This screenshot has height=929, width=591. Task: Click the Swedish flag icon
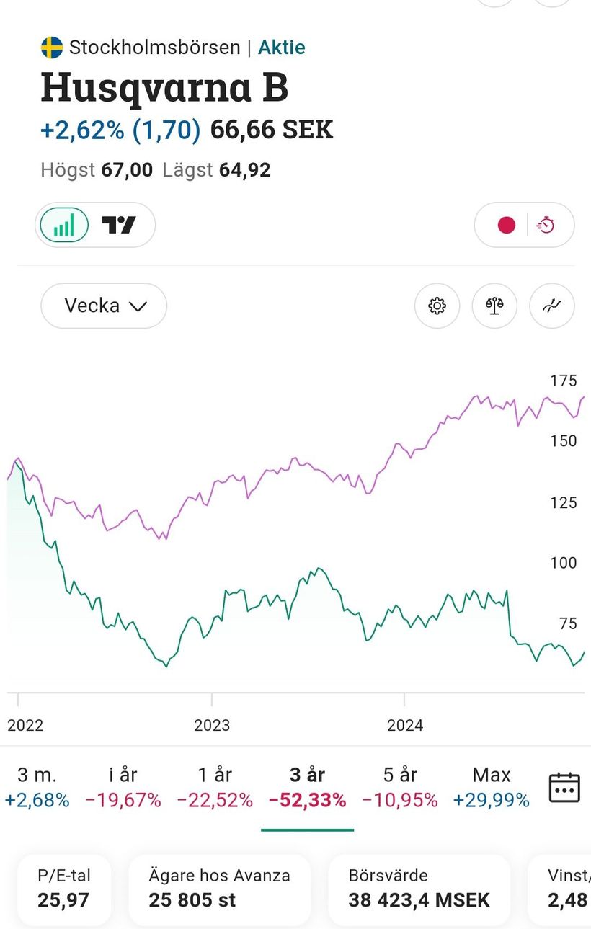(x=52, y=48)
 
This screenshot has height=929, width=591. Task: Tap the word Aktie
(x=282, y=48)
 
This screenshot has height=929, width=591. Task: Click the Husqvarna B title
(x=164, y=87)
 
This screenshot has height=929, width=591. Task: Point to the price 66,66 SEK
(x=272, y=130)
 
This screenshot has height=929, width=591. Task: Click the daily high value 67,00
(x=127, y=170)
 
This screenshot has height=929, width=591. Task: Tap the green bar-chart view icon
(x=63, y=226)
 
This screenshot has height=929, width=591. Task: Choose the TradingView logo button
(x=119, y=226)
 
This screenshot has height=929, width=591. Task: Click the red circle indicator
(x=507, y=226)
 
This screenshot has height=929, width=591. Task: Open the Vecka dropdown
(x=104, y=306)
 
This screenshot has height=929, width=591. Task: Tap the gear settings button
(x=437, y=306)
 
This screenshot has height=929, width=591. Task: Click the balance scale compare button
(x=494, y=306)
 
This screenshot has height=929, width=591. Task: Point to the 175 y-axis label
(x=563, y=381)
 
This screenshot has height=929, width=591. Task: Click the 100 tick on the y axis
(x=563, y=563)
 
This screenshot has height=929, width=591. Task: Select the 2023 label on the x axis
(x=212, y=725)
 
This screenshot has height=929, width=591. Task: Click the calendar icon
(x=564, y=787)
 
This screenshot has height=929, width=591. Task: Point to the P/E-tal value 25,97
(x=57, y=899)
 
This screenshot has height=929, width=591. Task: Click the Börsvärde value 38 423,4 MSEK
(x=419, y=899)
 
